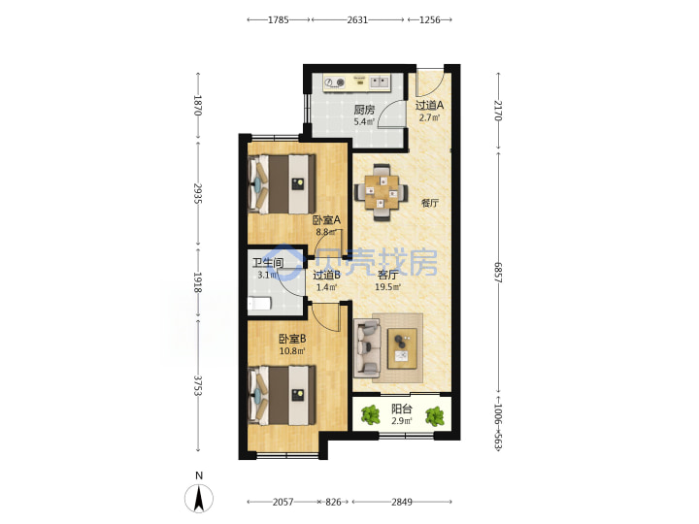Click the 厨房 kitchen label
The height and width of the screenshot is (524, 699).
pyautogui.click(x=364, y=110)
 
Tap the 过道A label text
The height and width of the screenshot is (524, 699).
pyautogui.click(x=429, y=106)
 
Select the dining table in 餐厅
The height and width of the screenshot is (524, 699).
pyautogui.click(x=382, y=192)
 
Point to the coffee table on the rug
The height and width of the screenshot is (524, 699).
pyautogui.click(x=402, y=348)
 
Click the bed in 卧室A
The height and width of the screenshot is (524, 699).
pyautogui.click(x=282, y=184)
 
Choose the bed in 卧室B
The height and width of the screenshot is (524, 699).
pyautogui.click(x=282, y=395)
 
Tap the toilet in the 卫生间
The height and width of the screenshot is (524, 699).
pyautogui.click(x=259, y=304)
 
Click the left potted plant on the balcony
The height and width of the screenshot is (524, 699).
pyautogui.click(x=370, y=415)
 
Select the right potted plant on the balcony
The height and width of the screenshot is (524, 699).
pyautogui.click(x=434, y=416)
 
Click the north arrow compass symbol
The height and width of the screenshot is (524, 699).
pyautogui.click(x=199, y=498)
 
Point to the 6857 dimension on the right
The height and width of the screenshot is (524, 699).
pyautogui.click(x=498, y=276)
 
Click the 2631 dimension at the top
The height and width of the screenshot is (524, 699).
pyautogui.click(x=357, y=19)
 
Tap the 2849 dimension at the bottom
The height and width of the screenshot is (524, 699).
pyautogui.click(x=402, y=503)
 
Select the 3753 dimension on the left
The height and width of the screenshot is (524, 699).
pyautogui.click(x=198, y=385)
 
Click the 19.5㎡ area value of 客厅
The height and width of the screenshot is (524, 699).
pyautogui.click(x=387, y=287)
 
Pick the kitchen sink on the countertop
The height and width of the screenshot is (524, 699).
pyautogui.click(x=380, y=82)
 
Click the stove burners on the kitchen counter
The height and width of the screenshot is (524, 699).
pyautogui.click(x=335, y=82)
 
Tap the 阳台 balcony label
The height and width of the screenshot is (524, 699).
pyautogui.click(x=402, y=409)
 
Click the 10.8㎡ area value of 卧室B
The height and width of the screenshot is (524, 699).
pyautogui.click(x=292, y=350)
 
